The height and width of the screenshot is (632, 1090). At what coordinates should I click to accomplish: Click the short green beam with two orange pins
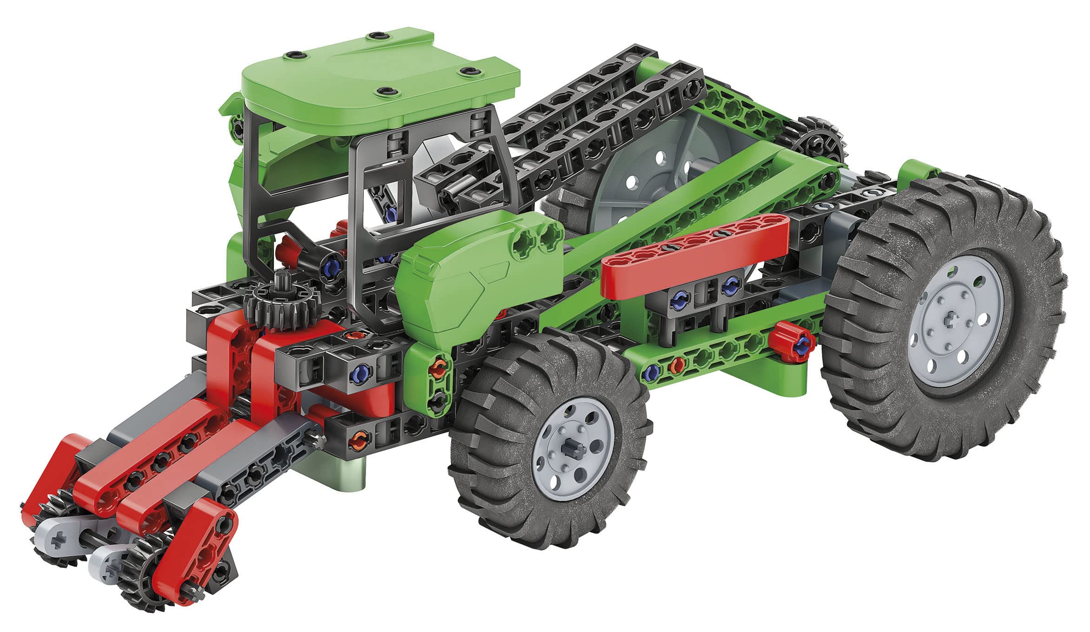click(435, 381)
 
